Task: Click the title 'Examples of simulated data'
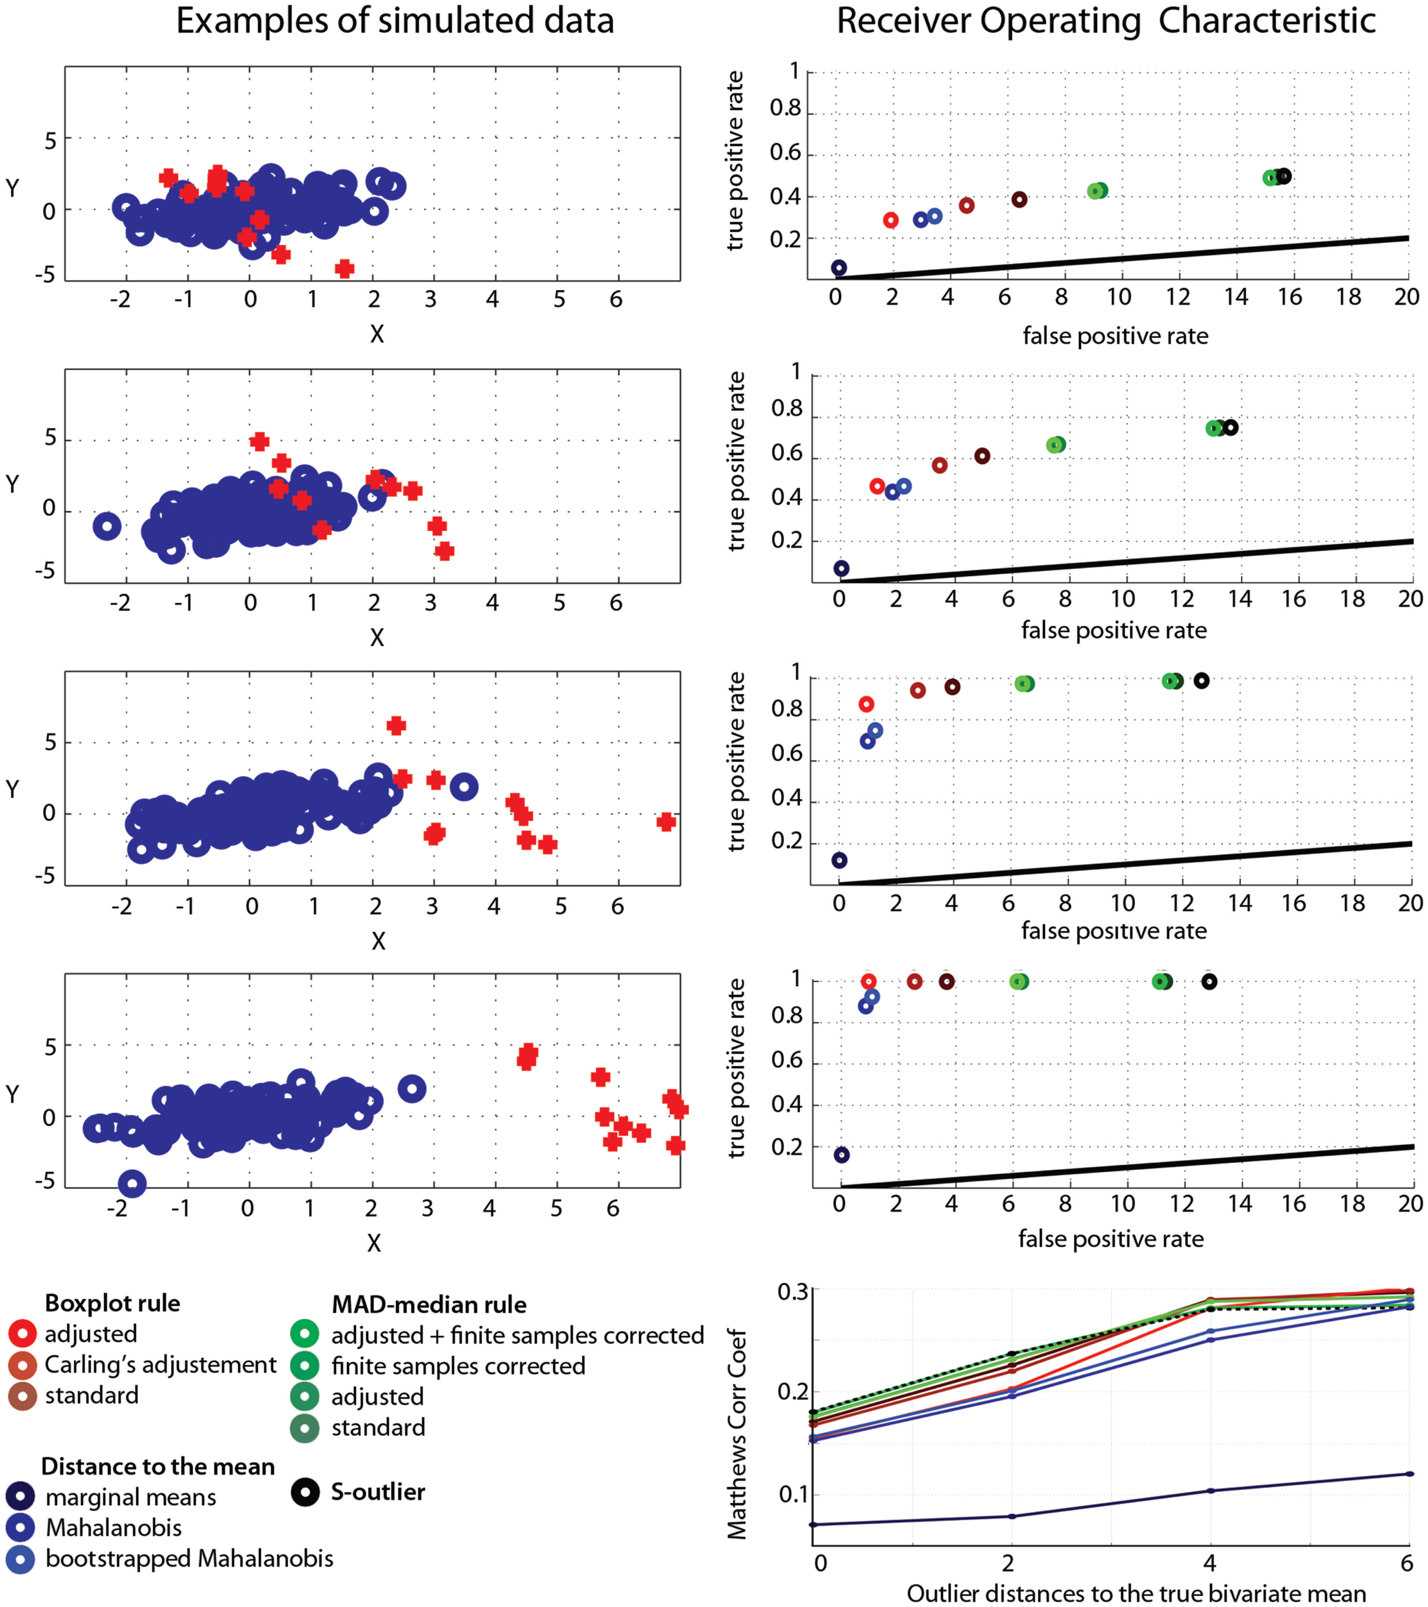point(395,21)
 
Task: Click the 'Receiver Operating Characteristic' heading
point(1106,21)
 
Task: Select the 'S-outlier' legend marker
point(305,1491)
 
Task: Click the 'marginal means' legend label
point(130,1497)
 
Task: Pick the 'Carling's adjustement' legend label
point(160,1364)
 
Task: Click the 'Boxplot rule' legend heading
point(112,1304)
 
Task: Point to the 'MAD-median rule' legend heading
point(429,1305)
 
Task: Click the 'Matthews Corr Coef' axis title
point(737,1433)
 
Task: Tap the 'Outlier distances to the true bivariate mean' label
point(1136,1594)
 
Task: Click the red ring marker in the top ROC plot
point(891,220)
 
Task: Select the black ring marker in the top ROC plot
point(1283,176)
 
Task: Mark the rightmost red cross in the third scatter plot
point(666,821)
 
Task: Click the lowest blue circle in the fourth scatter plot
point(132,1183)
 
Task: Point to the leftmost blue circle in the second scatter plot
point(107,526)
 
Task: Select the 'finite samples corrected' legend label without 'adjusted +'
point(458,1367)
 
